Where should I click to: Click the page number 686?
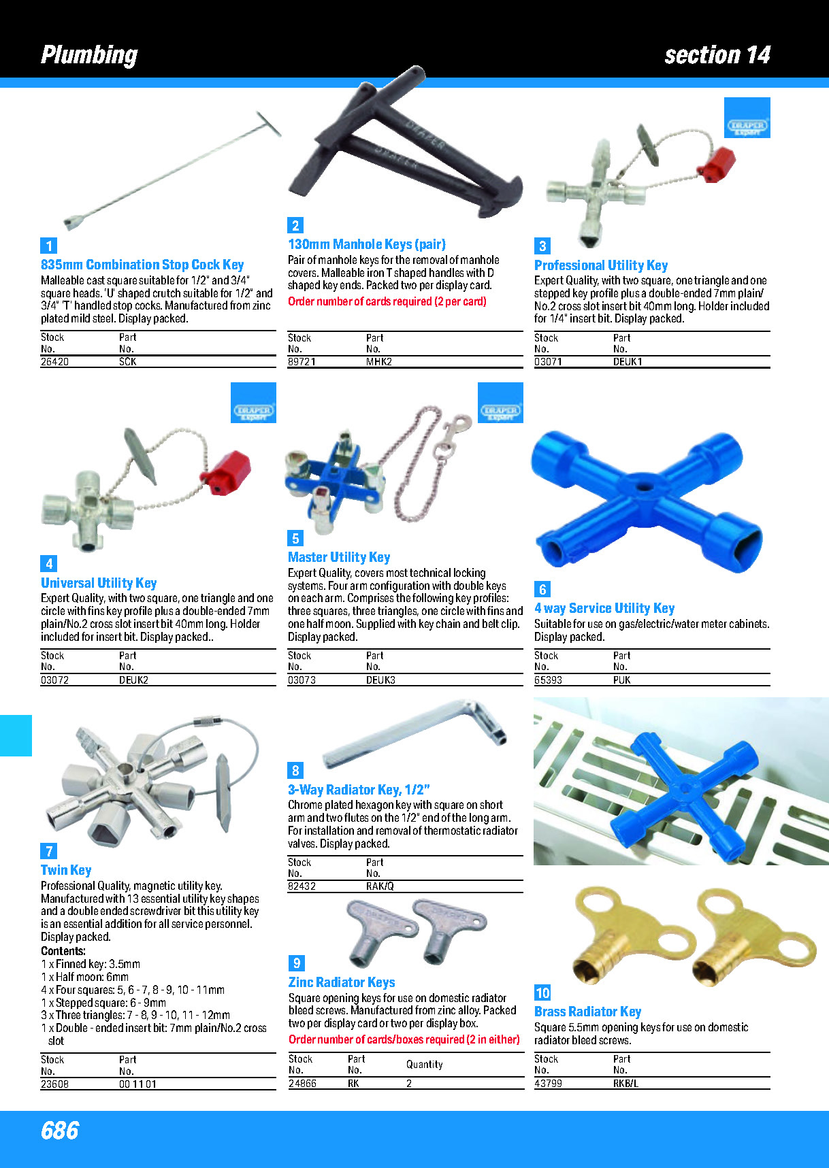click(x=60, y=1131)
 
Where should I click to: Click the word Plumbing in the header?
click(x=89, y=55)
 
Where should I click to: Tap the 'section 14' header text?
click(x=717, y=54)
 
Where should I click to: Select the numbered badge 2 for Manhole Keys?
click(x=295, y=225)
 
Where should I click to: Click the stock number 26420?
click(x=54, y=362)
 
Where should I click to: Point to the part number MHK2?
click(x=379, y=362)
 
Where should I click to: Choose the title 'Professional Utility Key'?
click(x=601, y=265)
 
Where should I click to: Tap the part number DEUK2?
click(x=133, y=680)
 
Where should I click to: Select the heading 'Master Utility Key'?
click(x=339, y=557)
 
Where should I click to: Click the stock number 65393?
click(x=548, y=680)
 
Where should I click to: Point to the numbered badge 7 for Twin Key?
click(x=48, y=851)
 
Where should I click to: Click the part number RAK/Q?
click(x=380, y=886)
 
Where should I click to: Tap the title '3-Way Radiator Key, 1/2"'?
click(x=359, y=790)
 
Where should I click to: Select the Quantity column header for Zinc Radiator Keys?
click(x=425, y=1065)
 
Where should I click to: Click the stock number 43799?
click(x=548, y=1083)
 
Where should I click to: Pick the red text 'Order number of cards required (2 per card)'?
click(x=387, y=301)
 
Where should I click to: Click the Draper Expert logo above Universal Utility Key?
click(x=254, y=403)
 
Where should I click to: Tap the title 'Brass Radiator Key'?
click(x=588, y=1012)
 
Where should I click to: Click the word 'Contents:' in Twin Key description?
click(x=63, y=951)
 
